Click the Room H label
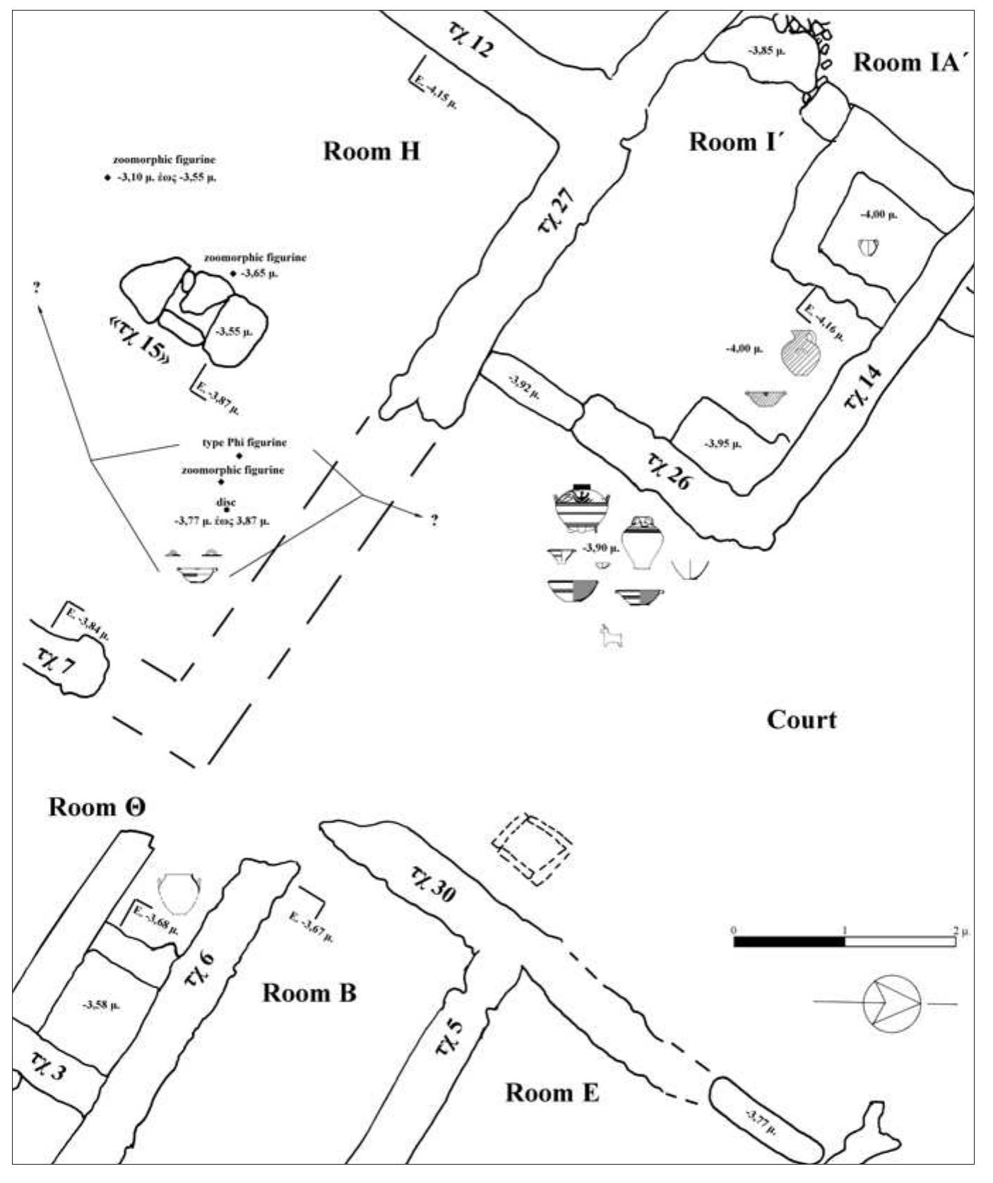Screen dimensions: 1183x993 371,151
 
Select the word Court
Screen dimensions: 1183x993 801,720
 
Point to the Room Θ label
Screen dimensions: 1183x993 97,807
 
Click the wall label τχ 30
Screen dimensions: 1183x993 432,884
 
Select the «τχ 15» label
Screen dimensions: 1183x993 140,340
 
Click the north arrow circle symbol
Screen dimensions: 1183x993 892,1003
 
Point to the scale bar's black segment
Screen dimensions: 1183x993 789,942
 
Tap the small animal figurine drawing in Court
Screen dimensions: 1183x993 610,638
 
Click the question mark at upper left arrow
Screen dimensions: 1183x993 35,287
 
